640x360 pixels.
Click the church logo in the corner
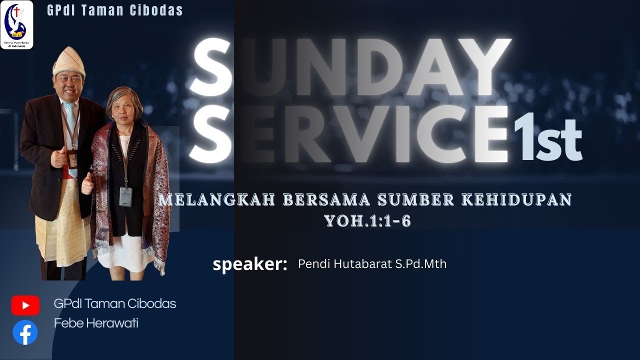17,24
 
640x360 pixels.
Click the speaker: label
250,264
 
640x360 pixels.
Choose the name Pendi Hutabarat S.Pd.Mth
372,264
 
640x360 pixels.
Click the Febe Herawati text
96,323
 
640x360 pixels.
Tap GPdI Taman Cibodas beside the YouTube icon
115,303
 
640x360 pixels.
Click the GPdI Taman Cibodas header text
115,10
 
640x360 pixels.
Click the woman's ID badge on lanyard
125,196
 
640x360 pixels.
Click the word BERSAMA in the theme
326,200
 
